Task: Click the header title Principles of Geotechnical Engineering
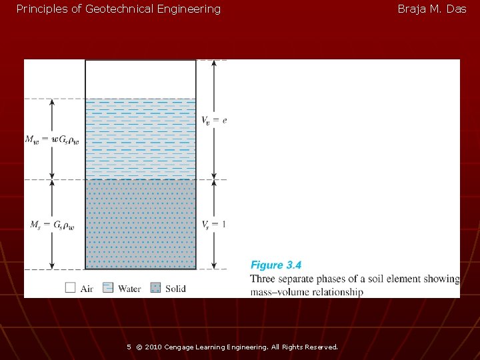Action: click(118, 9)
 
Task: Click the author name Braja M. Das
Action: click(431, 9)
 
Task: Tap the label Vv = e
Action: click(214, 120)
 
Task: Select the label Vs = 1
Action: click(214, 224)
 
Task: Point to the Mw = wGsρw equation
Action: click(51, 139)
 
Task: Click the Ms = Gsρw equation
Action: click(52, 225)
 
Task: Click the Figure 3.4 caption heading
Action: click(275, 265)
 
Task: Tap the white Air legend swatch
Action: click(71, 288)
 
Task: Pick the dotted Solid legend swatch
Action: click(155, 288)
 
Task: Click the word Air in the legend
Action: click(87, 289)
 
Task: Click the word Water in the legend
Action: click(129, 289)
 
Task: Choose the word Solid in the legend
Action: click(175, 289)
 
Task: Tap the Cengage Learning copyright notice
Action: click(237, 347)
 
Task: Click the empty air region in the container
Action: click(141, 79)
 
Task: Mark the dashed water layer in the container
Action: click(141, 139)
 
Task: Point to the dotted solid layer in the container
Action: click(141, 224)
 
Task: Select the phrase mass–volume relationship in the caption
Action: click(307, 292)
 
